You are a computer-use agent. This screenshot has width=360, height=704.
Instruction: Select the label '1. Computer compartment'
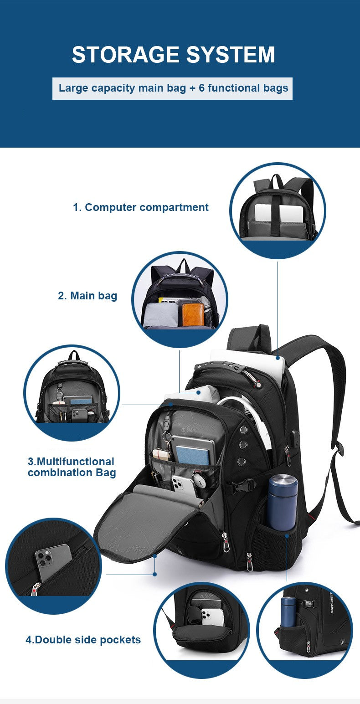(141, 207)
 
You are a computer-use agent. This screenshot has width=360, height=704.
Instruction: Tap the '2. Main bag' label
(87, 296)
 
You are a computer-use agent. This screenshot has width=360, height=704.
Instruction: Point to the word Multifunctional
(71, 462)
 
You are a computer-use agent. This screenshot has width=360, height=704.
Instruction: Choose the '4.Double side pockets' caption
(83, 640)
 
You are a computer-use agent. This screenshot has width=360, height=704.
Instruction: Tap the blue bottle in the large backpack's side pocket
(283, 502)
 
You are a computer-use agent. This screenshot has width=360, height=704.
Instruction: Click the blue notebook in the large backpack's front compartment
(193, 455)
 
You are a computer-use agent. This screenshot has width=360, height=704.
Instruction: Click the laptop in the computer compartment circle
(278, 212)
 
